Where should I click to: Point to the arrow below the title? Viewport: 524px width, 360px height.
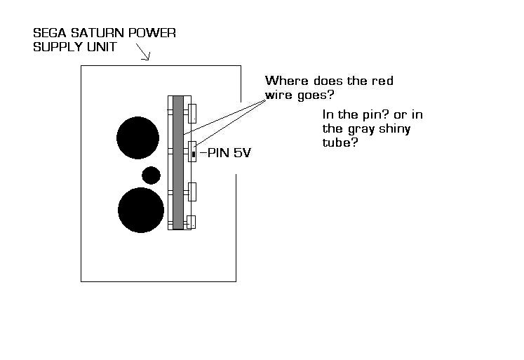(143, 52)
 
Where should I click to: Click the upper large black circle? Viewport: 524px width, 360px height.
(137, 138)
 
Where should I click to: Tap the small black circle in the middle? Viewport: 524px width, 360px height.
(151, 175)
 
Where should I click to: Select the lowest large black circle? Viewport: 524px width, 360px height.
(141, 210)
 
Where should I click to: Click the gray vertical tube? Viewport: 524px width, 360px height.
(178, 162)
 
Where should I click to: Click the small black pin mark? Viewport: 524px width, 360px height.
(194, 154)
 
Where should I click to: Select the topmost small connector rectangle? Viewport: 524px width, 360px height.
(192, 114)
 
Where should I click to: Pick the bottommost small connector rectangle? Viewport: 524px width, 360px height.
(192, 222)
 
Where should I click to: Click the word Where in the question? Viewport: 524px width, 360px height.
(287, 81)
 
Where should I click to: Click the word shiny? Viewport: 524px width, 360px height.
(395, 129)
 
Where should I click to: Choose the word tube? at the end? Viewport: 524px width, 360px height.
(340, 142)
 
